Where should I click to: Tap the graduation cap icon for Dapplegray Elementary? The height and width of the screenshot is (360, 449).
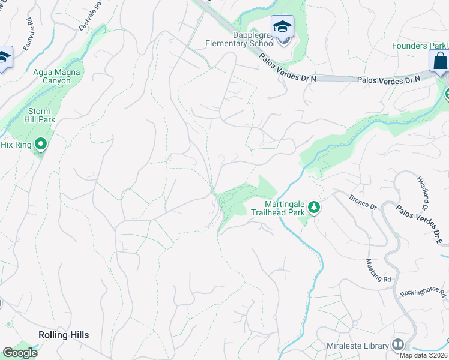tap(282, 27)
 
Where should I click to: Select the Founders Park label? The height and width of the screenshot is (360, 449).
tap(419, 46)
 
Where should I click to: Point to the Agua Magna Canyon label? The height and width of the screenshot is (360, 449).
tap(56, 76)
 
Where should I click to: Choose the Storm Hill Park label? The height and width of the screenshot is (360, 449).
tap(41, 115)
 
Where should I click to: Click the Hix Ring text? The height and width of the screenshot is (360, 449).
tap(15, 144)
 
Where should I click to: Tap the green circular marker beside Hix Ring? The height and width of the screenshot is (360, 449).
tap(41, 143)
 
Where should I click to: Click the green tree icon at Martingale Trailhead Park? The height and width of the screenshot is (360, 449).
tap(313, 208)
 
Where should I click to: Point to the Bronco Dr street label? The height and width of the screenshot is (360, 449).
tap(363, 203)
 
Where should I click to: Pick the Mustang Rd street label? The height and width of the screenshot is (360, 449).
tap(378, 271)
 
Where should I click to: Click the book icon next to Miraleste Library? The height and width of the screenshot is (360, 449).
tap(397, 344)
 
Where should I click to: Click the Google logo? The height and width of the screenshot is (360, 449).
tap(20, 353)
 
